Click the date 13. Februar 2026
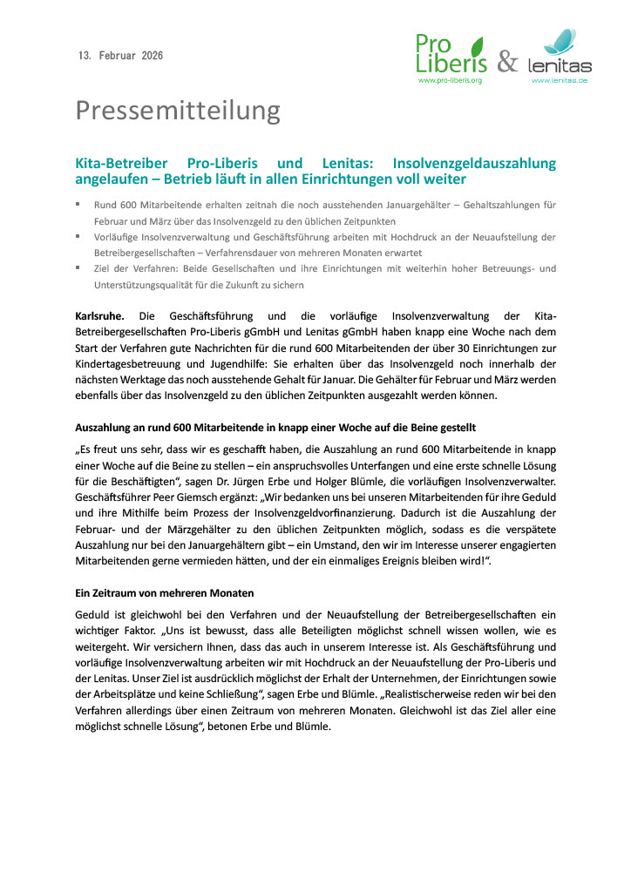tap(120, 56)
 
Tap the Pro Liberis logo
tap(451, 53)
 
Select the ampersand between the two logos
tap(507, 62)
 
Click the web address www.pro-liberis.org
tap(451, 80)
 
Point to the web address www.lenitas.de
tap(560, 80)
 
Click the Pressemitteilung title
tap(178, 111)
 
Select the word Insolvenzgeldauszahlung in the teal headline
tap(474, 163)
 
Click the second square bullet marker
tap(78, 237)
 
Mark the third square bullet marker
tap(78, 268)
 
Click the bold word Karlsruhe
tap(100, 316)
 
